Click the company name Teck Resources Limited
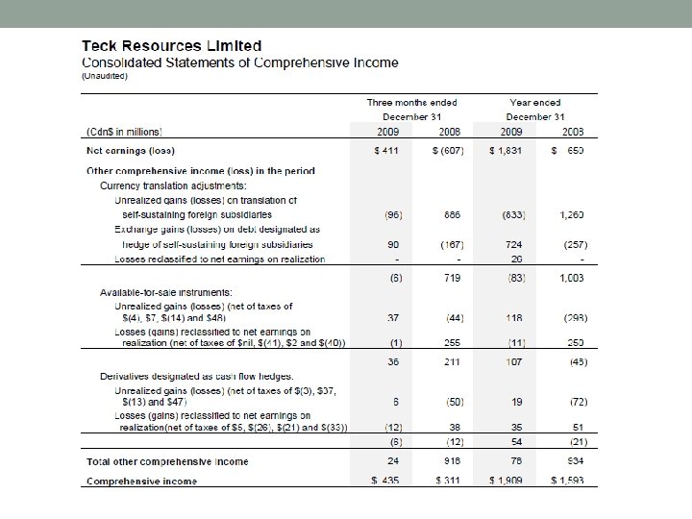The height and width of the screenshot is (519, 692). point(172,45)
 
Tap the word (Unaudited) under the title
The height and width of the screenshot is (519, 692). point(104,75)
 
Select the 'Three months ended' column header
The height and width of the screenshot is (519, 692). point(412,102)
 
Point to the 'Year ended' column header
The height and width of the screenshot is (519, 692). point(536,102)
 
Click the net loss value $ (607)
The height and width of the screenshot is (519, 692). point(450,152)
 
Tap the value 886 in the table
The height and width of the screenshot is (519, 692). point(451,214)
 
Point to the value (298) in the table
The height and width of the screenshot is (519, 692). point(573,317)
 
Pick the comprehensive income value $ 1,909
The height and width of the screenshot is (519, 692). point(507,480)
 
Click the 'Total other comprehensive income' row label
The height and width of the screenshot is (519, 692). point(167,461)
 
